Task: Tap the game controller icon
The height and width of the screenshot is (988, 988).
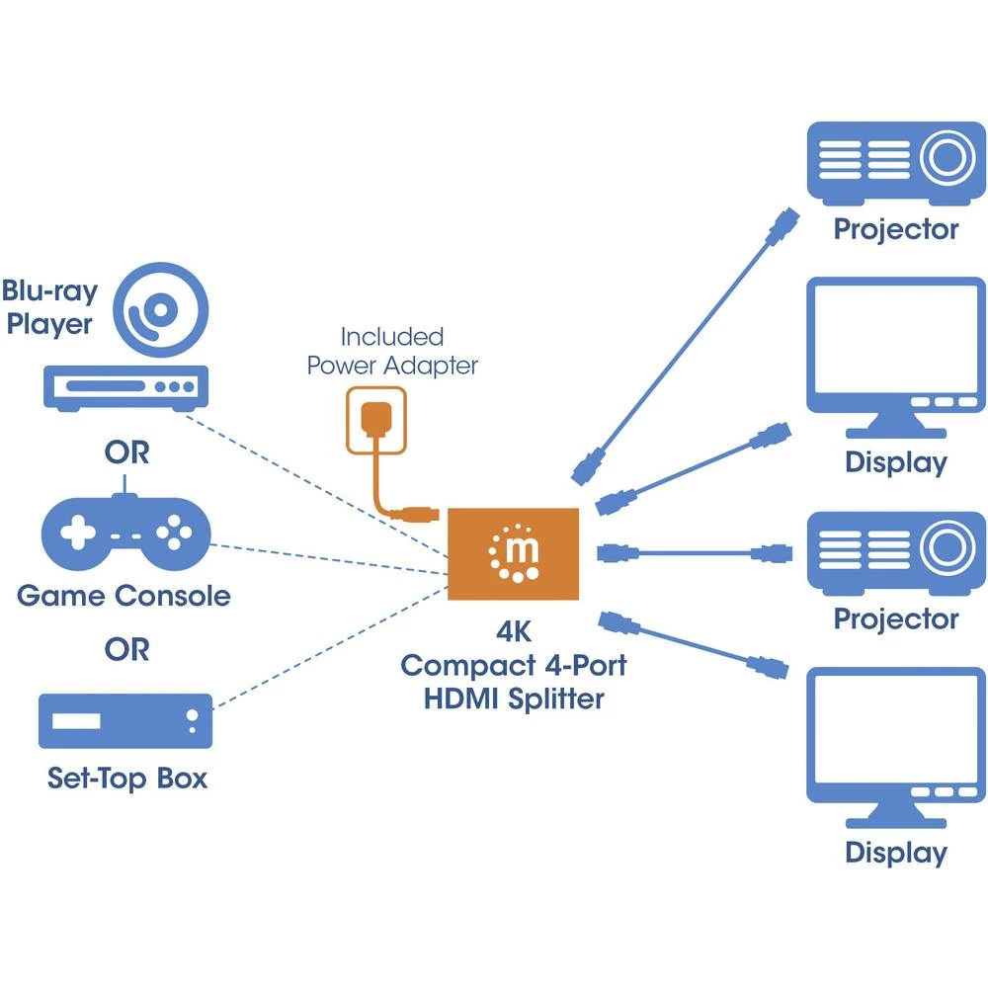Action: (125, 534)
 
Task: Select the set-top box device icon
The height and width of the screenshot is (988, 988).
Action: (125, 720)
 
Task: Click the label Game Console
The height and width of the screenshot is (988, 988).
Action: (123, 596)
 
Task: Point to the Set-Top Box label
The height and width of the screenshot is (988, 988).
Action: (127, 778)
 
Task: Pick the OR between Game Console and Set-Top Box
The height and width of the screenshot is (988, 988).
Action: (126, 650)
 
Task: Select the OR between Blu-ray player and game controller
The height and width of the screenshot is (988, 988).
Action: (126, 453)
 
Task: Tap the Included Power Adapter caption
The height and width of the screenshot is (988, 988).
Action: (392, 351)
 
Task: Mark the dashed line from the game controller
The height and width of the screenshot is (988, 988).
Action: (326, 558)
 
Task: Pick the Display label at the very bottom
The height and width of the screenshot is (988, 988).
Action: (896, 853)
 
